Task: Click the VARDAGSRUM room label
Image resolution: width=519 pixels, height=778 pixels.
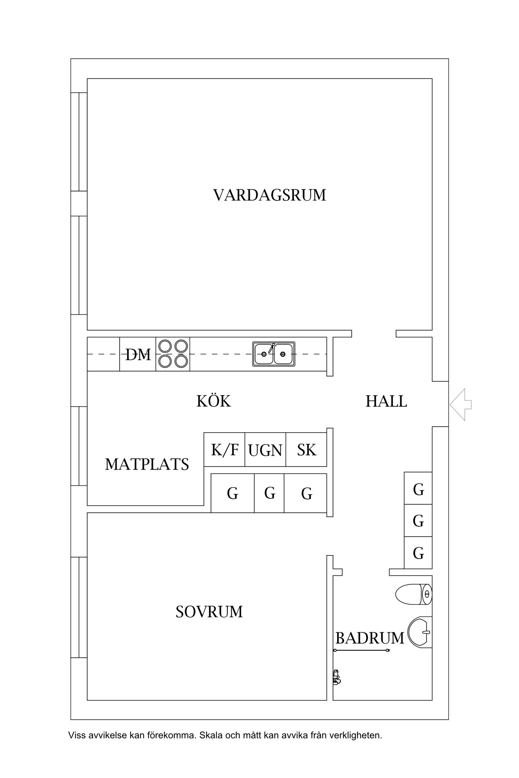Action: pos(270,195)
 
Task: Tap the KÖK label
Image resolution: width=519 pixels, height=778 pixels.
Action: pos(213,401)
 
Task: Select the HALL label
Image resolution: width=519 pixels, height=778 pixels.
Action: pos(386,401)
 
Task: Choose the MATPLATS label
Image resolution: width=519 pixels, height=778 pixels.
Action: pos(147,464)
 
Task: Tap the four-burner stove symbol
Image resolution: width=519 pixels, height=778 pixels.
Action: pos(173,354)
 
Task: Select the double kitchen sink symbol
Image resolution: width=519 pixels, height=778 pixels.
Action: pos(274,354)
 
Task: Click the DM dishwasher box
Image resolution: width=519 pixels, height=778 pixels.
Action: pos(138,354)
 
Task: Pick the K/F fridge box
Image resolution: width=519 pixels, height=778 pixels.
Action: pos(225,450)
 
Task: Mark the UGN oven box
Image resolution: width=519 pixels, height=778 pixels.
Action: pos(265,450)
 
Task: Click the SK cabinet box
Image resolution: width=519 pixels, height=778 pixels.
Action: pos(307,450)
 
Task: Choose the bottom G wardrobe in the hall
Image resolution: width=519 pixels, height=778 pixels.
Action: pos(418,553)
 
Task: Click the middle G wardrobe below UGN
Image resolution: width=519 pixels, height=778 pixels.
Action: pos(269,493)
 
